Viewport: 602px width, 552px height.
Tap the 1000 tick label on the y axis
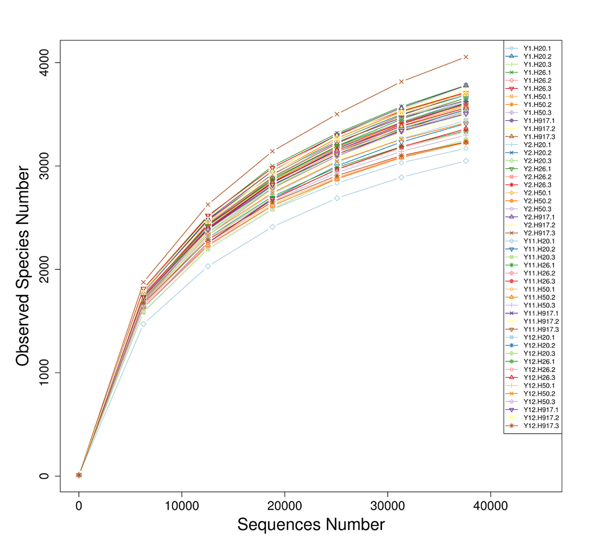tap(44, 373)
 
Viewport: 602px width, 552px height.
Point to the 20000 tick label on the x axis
tap(284, 506)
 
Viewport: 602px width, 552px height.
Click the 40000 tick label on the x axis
tap(490, 506)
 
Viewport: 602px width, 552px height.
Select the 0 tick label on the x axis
tap(79, 506)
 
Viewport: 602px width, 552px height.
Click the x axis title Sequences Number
tap(311, 525)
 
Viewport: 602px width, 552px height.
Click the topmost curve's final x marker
tap(466, 57)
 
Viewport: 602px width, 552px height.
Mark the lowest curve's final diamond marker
tap(466, 161)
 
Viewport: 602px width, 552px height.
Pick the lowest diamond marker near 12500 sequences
tap(208, 266)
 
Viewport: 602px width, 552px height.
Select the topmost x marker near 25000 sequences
tap(337, 114)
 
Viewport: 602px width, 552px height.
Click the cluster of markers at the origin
tap(79, 475)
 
